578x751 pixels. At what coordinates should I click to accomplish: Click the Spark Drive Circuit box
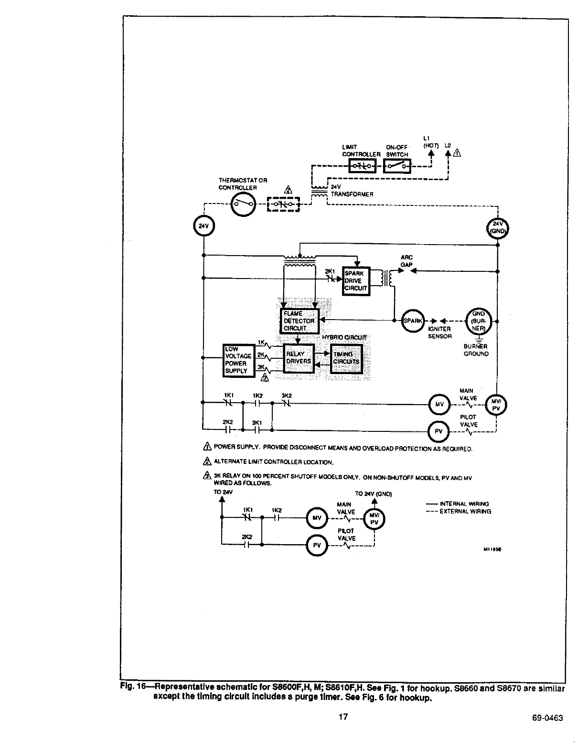click(356, 281)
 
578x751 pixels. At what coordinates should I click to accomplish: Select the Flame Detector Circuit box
click(299, 321)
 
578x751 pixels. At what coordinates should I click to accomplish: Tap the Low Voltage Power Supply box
click(238, 360)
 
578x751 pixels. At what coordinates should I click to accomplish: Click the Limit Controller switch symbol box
click(363, 166)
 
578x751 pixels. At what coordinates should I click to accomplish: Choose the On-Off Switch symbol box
click(397, 166)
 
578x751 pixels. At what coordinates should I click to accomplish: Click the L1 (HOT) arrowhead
click(431, 153)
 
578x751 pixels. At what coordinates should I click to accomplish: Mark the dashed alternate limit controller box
click(283, 204)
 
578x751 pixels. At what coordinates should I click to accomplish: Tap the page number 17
click(343, 717)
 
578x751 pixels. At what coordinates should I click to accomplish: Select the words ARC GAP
click(407, 261)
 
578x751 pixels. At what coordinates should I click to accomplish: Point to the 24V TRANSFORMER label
click(352, 191)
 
